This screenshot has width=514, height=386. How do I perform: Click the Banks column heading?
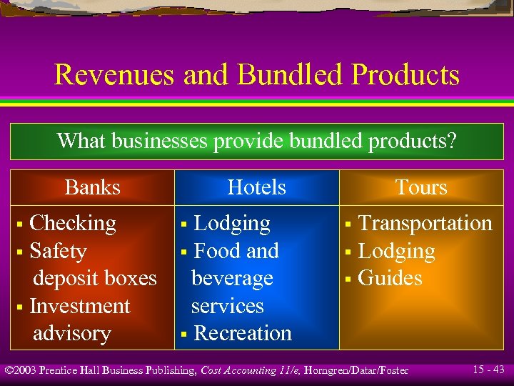pyautogui.click(x=93, y=187)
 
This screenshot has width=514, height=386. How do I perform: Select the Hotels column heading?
pyautogui.click(x=256, y=187)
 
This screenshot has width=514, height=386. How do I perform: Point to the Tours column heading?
pyautogui.click(x=421, y=187)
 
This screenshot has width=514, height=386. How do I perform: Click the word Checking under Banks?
pyautogui.click(x=73, y=223)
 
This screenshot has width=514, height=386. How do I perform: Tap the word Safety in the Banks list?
pyautogui.click(x=58, y=251)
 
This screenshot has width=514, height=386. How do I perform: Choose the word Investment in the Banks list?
pyautogui.click(x=80, y=306)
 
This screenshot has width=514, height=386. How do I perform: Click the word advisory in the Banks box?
pyautogui.click(x=72, y=333)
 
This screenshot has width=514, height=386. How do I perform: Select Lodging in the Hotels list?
pyautogui.click(x=232, y=223)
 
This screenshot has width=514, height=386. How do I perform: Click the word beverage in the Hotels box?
pyautogui.click(x=232, y=278)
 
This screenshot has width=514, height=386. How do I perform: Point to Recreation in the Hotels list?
pyautogui.click(x=243, y=333)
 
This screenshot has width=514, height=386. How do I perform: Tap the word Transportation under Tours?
pyautogui.click(x=425, y=223)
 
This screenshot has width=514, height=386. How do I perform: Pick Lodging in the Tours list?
pyautogui.click(x=396, y=251)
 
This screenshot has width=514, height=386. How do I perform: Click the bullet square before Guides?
pyautogui.click(x=348, y=279)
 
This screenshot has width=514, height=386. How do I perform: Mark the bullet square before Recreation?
pyautogui.click(x=184, y=335)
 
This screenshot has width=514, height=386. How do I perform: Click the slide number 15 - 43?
pyautogui.click(x=488, y=369)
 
